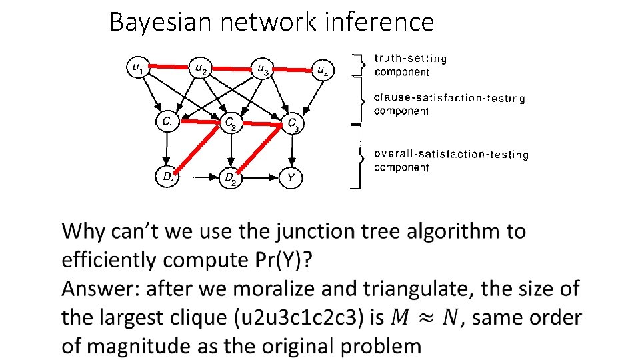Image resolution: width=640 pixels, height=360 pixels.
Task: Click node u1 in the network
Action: pyautogui.click(x=137, y=67)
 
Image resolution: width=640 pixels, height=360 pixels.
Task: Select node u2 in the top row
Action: pyautogui.click(x=200, y=67)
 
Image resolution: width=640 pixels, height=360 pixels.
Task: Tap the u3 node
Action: pyautogui.click(x=262, y=69)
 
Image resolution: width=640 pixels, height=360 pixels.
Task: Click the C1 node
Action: pyautogui.click(x=168, y=122)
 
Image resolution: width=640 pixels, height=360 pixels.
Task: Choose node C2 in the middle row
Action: pyautogui.click(x=231, y=123)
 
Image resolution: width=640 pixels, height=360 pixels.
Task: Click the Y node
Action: pyautogui.click(x=292, y=178)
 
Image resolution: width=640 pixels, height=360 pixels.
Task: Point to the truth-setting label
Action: pyautogui.click(x=411, y=59)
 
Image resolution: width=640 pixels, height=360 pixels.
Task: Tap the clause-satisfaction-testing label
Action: pyautogui.click(x=449, y=98)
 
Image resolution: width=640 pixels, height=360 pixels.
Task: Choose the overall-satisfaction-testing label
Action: pyautogui.click(x=451, y=154)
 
